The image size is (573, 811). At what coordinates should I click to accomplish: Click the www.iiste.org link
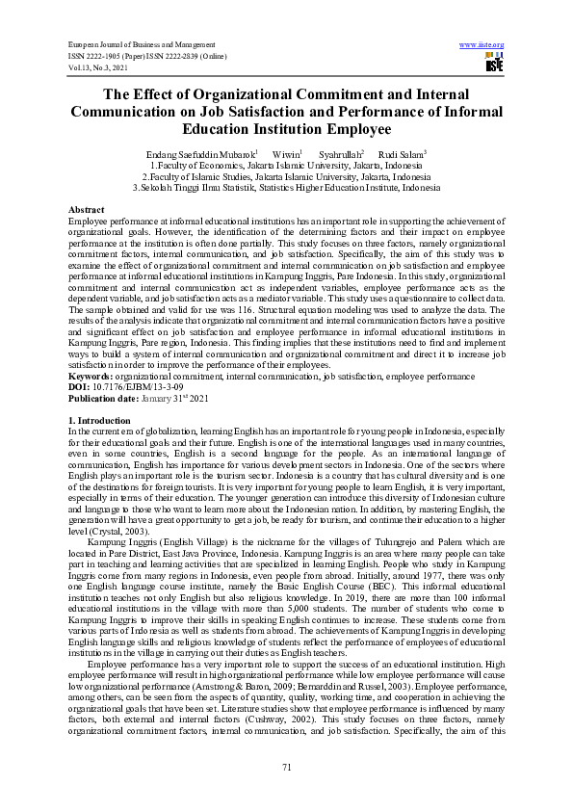[482, 45]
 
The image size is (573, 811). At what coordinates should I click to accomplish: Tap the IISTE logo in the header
[494, 64]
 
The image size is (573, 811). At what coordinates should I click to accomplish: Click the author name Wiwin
[286, 153]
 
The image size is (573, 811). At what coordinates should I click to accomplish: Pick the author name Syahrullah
[341, 153]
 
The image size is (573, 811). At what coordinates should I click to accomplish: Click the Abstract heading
[86, 209]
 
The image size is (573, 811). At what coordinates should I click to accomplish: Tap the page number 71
[286, 766]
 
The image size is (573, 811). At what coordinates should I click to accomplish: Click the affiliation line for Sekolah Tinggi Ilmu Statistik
[286, 189]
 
